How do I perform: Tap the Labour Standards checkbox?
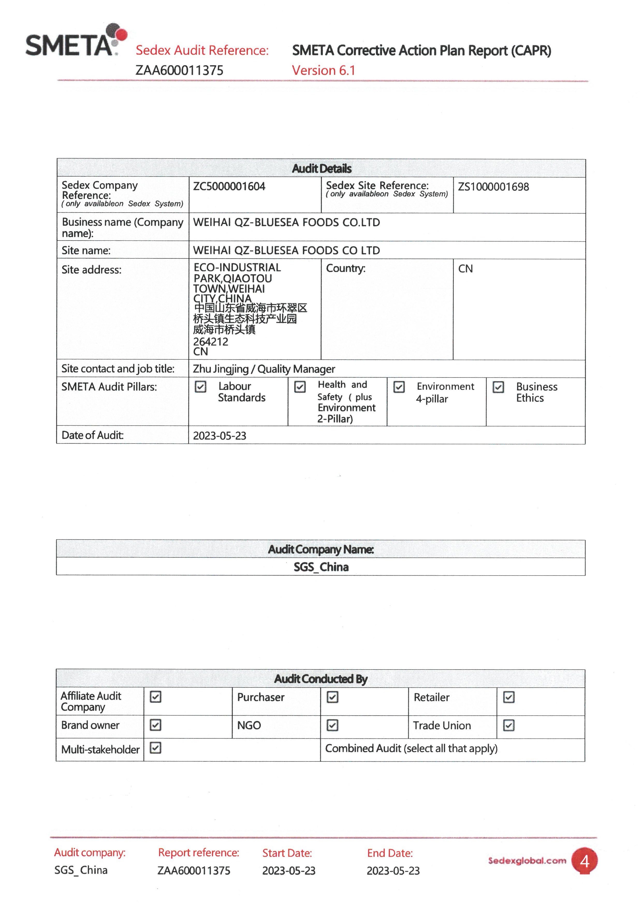point(201,386)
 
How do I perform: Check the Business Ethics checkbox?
point(498,387)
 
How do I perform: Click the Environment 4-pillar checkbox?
point(399,387)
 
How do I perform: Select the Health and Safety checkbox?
point(300,386)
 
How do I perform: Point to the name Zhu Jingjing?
point(221,369)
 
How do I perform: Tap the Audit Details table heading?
point(322,169)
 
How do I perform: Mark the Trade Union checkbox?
point(509,725)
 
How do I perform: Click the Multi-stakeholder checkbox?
point(156,748)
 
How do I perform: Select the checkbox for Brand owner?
point(156,725)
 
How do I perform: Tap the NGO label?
point(249,725)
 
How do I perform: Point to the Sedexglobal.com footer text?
point(527,861)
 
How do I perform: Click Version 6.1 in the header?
point(323,70)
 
